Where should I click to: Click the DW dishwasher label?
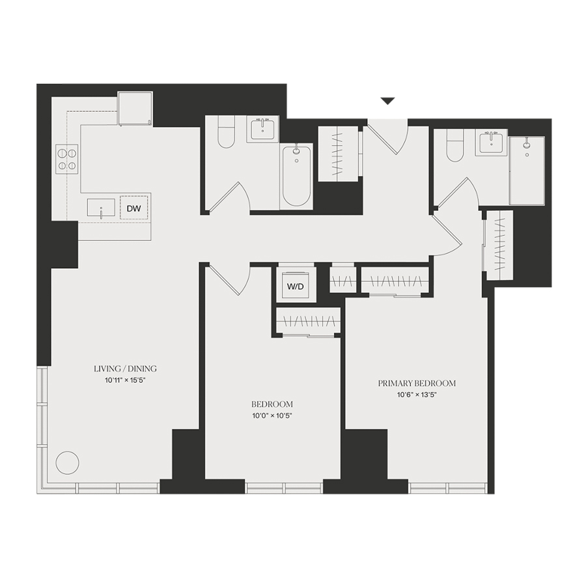[133, 208]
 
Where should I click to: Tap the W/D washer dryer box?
[295, 286]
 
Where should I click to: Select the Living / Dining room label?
[125, 369]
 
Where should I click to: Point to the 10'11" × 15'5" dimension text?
[125, 380]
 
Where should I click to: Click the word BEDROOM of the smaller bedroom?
[272, 404]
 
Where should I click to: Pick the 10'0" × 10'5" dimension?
[272, 415]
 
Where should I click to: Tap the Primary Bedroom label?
[417, 383]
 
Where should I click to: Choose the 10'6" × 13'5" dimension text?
[417, 395]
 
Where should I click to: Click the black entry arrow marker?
[387, 101]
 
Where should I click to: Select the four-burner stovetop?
[67, 159]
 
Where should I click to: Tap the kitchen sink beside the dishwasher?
[102, 208]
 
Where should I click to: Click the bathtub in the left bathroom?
[296, 176]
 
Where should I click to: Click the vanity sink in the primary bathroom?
[491, 143]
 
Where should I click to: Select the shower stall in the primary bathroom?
[527, 171]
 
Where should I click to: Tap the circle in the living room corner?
[67, 463]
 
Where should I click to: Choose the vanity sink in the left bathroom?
[262, 130]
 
